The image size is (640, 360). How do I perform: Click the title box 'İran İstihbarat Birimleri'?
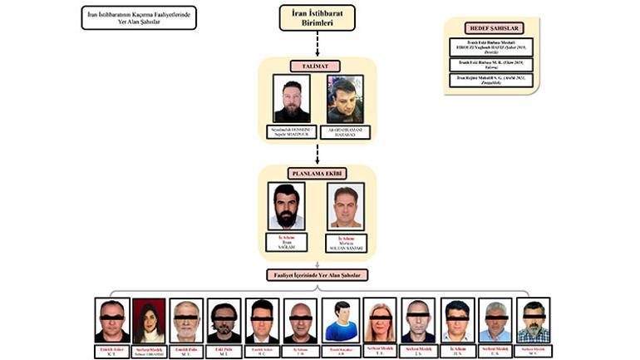point(317,17)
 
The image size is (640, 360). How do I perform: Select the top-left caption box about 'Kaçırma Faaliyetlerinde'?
point(139,17)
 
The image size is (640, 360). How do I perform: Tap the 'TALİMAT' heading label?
point(317,65)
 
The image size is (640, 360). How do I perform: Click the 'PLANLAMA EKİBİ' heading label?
point(317,174)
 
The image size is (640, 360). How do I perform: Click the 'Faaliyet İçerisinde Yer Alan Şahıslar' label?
point(317,274)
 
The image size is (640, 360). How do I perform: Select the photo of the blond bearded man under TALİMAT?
point(292,99)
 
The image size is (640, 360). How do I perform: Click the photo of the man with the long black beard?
point(287,206)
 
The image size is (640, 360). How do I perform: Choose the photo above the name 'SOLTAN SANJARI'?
point(346,206)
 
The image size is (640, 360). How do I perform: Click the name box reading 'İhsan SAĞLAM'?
point(287,242)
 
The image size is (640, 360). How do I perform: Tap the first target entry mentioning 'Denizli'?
point(490,47)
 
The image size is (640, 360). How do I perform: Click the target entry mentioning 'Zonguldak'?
point(490,80)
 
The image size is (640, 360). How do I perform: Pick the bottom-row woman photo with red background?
point(150,321)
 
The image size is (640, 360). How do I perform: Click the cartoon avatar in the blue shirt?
point(340,321)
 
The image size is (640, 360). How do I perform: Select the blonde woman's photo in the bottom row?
point(380,321)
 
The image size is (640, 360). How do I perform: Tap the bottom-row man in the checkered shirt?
point(533,321)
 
